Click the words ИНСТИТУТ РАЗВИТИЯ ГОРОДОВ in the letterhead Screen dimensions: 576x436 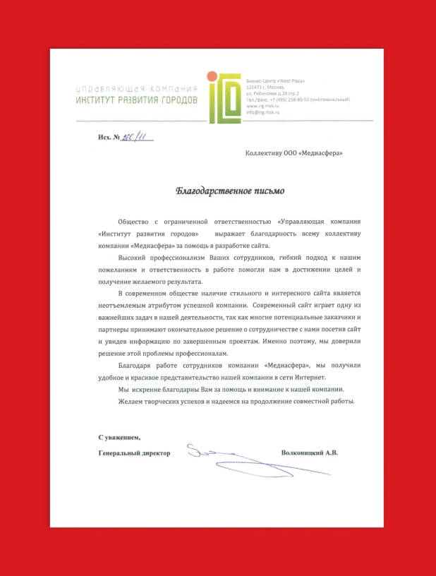point(137,101)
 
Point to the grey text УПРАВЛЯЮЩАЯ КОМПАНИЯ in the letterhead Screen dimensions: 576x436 point(137,89)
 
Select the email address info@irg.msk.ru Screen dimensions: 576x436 point(263,112)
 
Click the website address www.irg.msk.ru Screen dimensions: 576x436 point(262,106)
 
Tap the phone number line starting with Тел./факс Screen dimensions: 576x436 point(297,100)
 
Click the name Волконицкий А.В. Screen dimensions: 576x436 point(309,452)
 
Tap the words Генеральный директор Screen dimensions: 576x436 point(135,452)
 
